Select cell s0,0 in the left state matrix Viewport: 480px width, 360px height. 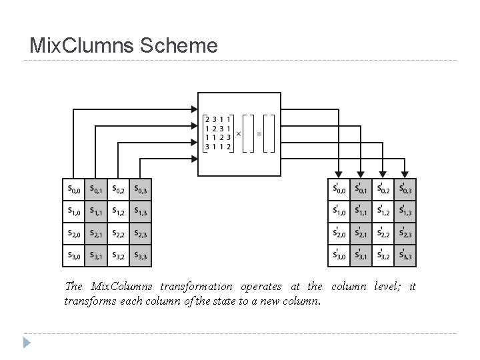click(x=73, y=190)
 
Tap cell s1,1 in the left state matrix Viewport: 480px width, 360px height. click(x=96, y=211)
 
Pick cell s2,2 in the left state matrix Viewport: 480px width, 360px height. click(x=118, y=233)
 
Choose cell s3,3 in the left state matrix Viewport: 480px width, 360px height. click(x=141, y=255)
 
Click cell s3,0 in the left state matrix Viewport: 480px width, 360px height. click(x=73, y=255)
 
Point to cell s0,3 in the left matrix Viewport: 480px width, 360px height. click(x=141, y=190)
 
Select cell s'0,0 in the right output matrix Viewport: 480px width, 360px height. click(x=339, y=189)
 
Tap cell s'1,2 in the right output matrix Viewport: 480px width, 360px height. click(x=383, y=211)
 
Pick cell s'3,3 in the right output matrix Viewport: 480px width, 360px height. click(x=405, y=255)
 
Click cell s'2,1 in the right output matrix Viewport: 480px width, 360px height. click(x=361, y=233)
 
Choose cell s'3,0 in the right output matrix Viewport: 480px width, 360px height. click(x=339, y=255)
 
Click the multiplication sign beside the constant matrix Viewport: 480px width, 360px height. click(x=239, y=133)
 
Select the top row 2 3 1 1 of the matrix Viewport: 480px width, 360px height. click(x=218, y=119)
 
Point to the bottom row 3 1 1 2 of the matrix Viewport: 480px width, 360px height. click(x=218, y=147)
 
